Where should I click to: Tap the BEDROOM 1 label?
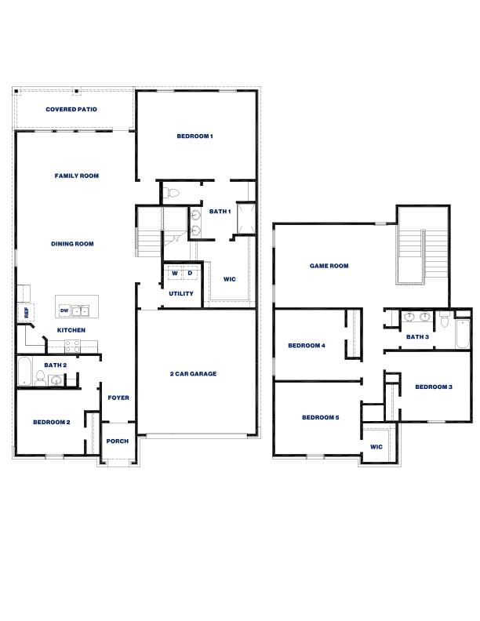[x=195, y=136]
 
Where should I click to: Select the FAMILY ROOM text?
[x=76, y=176]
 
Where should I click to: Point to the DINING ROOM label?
[x=72, y=244]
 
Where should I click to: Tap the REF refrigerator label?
[x=26, y=312]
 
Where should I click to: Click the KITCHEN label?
[x=71, y=330]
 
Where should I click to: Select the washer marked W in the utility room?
[x=175, y=274]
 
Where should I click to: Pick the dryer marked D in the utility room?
[x=190, y=274]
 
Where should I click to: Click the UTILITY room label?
[x=181, y=293]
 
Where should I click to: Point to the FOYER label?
[x=118, y=398]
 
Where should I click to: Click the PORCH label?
[x=117, y=441]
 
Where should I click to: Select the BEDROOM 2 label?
[x=52, y=422]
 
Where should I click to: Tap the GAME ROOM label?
[x=329, y=266]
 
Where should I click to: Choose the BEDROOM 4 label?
[x=306, y=345]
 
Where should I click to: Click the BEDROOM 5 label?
[x=320, y=417]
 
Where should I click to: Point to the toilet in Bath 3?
[x=444, y=320]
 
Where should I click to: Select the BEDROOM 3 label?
[x=434, y=387]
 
